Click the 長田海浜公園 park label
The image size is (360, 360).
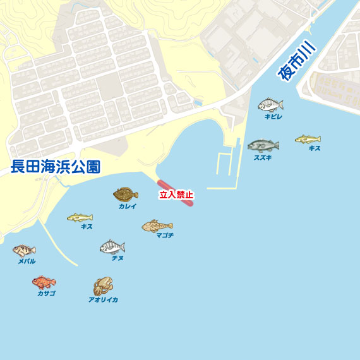56,167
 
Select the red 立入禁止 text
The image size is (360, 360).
176,195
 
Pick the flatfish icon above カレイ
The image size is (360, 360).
126,194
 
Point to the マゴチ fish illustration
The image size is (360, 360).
157,225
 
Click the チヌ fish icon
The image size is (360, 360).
112,247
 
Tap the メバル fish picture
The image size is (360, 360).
24,251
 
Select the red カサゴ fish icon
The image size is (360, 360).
44,282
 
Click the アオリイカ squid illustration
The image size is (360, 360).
103,286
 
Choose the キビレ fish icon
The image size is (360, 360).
271,105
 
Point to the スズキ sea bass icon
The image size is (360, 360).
263,146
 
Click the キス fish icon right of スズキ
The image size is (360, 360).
308,139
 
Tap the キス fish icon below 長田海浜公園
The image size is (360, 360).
80,217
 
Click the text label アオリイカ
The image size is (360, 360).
103,300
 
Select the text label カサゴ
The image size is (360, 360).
46,294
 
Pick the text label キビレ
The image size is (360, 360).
273,117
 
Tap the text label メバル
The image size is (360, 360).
27,261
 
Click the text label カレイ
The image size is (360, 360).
127,207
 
